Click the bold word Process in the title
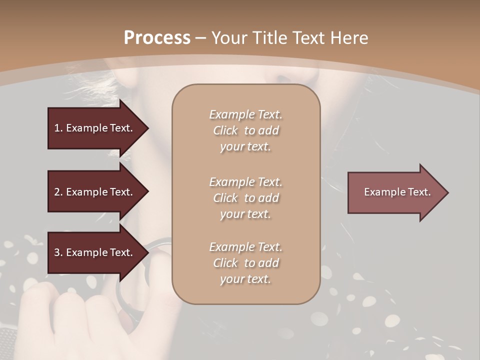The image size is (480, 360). [157, 38]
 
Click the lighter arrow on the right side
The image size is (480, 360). [395, 192]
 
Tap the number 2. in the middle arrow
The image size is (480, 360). [58, 192]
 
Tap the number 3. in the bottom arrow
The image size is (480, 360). [58, 252]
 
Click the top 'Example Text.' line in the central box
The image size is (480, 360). [245, 114]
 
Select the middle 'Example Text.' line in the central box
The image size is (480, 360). [245, 181]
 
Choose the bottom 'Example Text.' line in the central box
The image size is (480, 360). [245, 247]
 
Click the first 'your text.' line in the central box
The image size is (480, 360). [245, 147]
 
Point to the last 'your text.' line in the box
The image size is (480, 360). [245, 279]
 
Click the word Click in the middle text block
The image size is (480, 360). [225, 198]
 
